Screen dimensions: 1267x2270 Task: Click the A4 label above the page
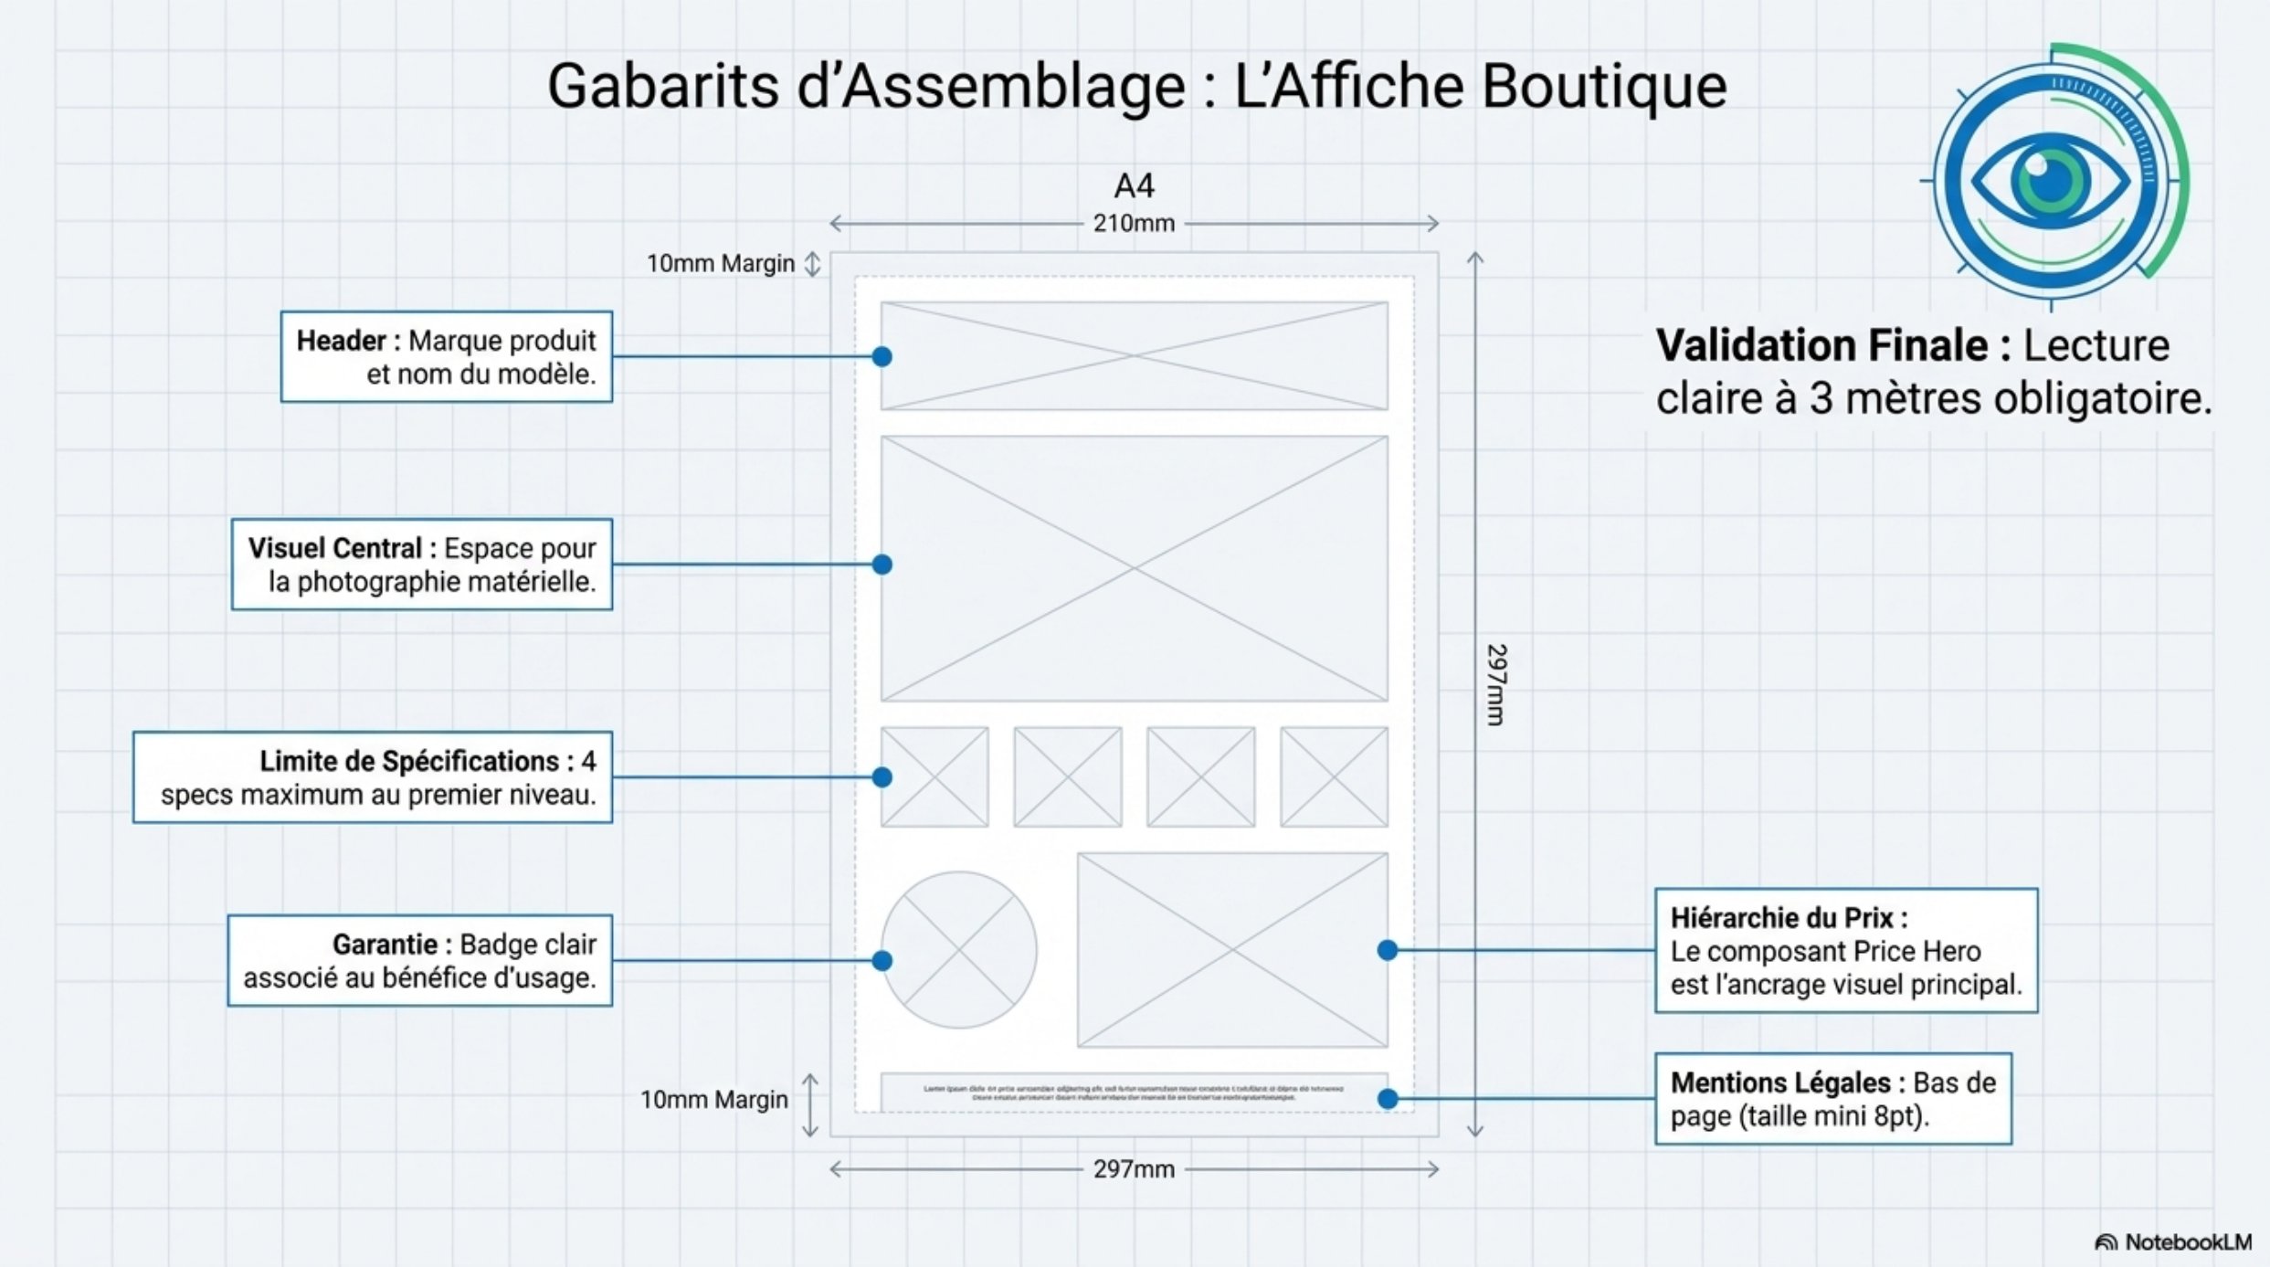(1134, 186)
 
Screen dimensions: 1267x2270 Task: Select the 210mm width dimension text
(1134, 224)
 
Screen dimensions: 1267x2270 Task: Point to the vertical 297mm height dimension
(1495, 685)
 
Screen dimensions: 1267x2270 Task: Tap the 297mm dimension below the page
(1134, 1169)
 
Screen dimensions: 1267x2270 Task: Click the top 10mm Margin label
(721, 264)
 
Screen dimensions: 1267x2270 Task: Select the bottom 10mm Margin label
(713, 1100)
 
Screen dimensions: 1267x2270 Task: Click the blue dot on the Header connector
(882, 357)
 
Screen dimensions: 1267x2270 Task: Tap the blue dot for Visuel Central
(882, 565)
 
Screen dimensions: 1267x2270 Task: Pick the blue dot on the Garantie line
(882, 961)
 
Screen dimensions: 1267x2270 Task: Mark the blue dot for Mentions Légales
(1388, 1099)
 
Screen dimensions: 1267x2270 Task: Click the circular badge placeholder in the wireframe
(958, 950)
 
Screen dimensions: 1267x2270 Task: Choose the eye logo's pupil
(2050, 179)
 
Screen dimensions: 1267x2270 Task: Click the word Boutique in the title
(1603, 87)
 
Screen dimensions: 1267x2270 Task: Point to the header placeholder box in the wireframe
(1134, 356)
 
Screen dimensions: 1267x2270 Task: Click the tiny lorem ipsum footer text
(1134, 1093)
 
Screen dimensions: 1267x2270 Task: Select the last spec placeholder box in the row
(1334, 777)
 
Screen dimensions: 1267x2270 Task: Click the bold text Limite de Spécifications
(409, 762)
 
